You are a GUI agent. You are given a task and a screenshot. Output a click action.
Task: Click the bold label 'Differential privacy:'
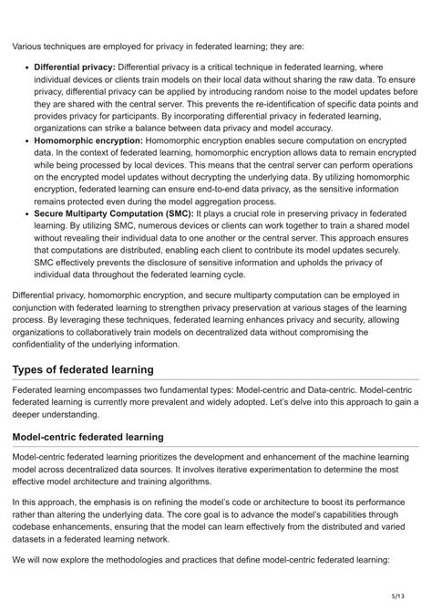[74, 67]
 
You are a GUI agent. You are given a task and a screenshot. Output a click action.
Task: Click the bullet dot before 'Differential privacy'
[26, 67]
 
